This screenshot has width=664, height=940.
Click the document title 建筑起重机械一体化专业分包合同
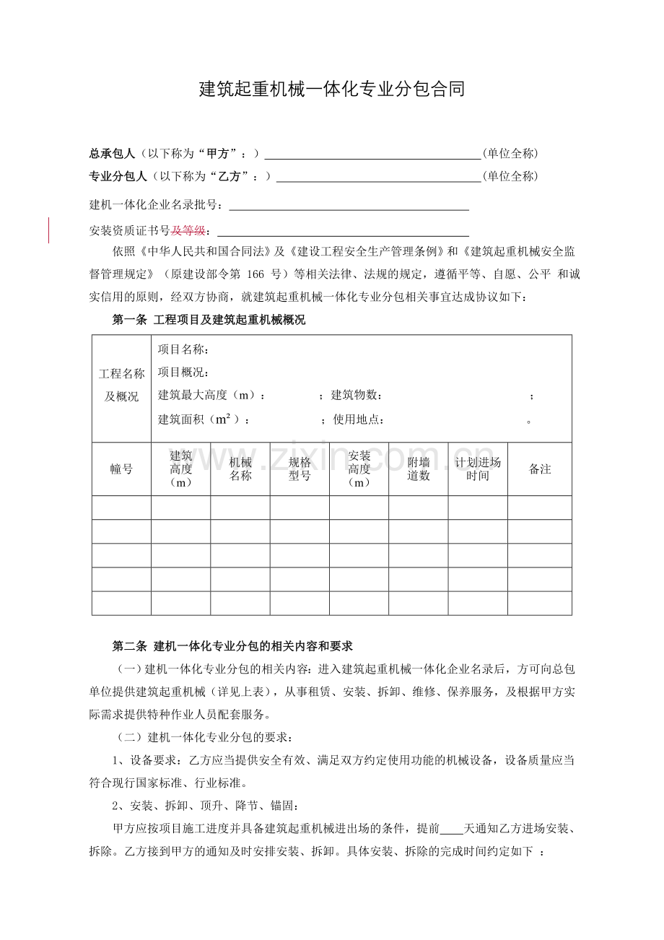coord(331,90)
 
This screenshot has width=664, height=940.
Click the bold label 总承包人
coord(112,154)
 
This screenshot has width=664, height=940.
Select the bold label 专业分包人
coord(118,176)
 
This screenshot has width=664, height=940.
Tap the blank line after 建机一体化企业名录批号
coord(349,205)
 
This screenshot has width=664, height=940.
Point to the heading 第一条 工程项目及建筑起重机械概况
coord(209,321)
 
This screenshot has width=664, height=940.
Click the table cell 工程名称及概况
coord(121,385)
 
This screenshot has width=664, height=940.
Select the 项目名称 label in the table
coord(183,350)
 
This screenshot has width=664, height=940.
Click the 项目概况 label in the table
coord(183,373)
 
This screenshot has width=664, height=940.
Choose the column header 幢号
coord(121,469)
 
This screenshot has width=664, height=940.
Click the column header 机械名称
coord(240,469)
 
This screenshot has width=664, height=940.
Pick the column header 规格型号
coord(300,469)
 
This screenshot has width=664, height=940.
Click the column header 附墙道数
coord(419,469)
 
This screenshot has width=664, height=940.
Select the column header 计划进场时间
coord(478,469)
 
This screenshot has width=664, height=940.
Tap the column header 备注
coord(540,469)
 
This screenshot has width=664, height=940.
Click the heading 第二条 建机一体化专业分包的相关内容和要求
coord(232,645)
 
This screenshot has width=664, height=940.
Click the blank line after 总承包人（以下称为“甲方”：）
coord(372,154)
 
